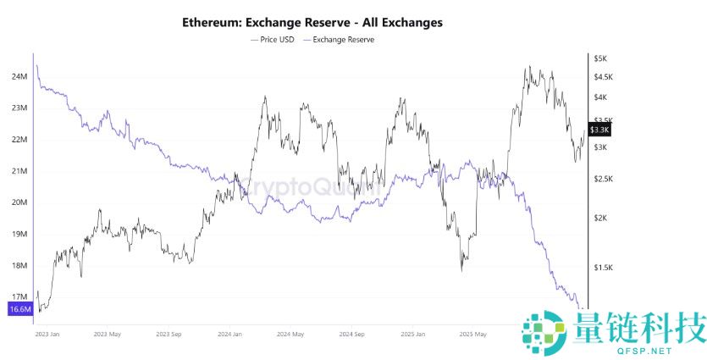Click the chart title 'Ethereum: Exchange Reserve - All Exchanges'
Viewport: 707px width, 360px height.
[x=312, y=21]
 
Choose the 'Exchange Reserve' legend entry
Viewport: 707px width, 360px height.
[x=343, y=39]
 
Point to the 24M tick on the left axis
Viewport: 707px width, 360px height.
[x=19, y=77]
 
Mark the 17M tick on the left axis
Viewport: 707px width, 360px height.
[x=19, y=297]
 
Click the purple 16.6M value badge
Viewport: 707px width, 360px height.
[x=19, y=310]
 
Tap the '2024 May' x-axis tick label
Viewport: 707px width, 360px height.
[x=291, y=335]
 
